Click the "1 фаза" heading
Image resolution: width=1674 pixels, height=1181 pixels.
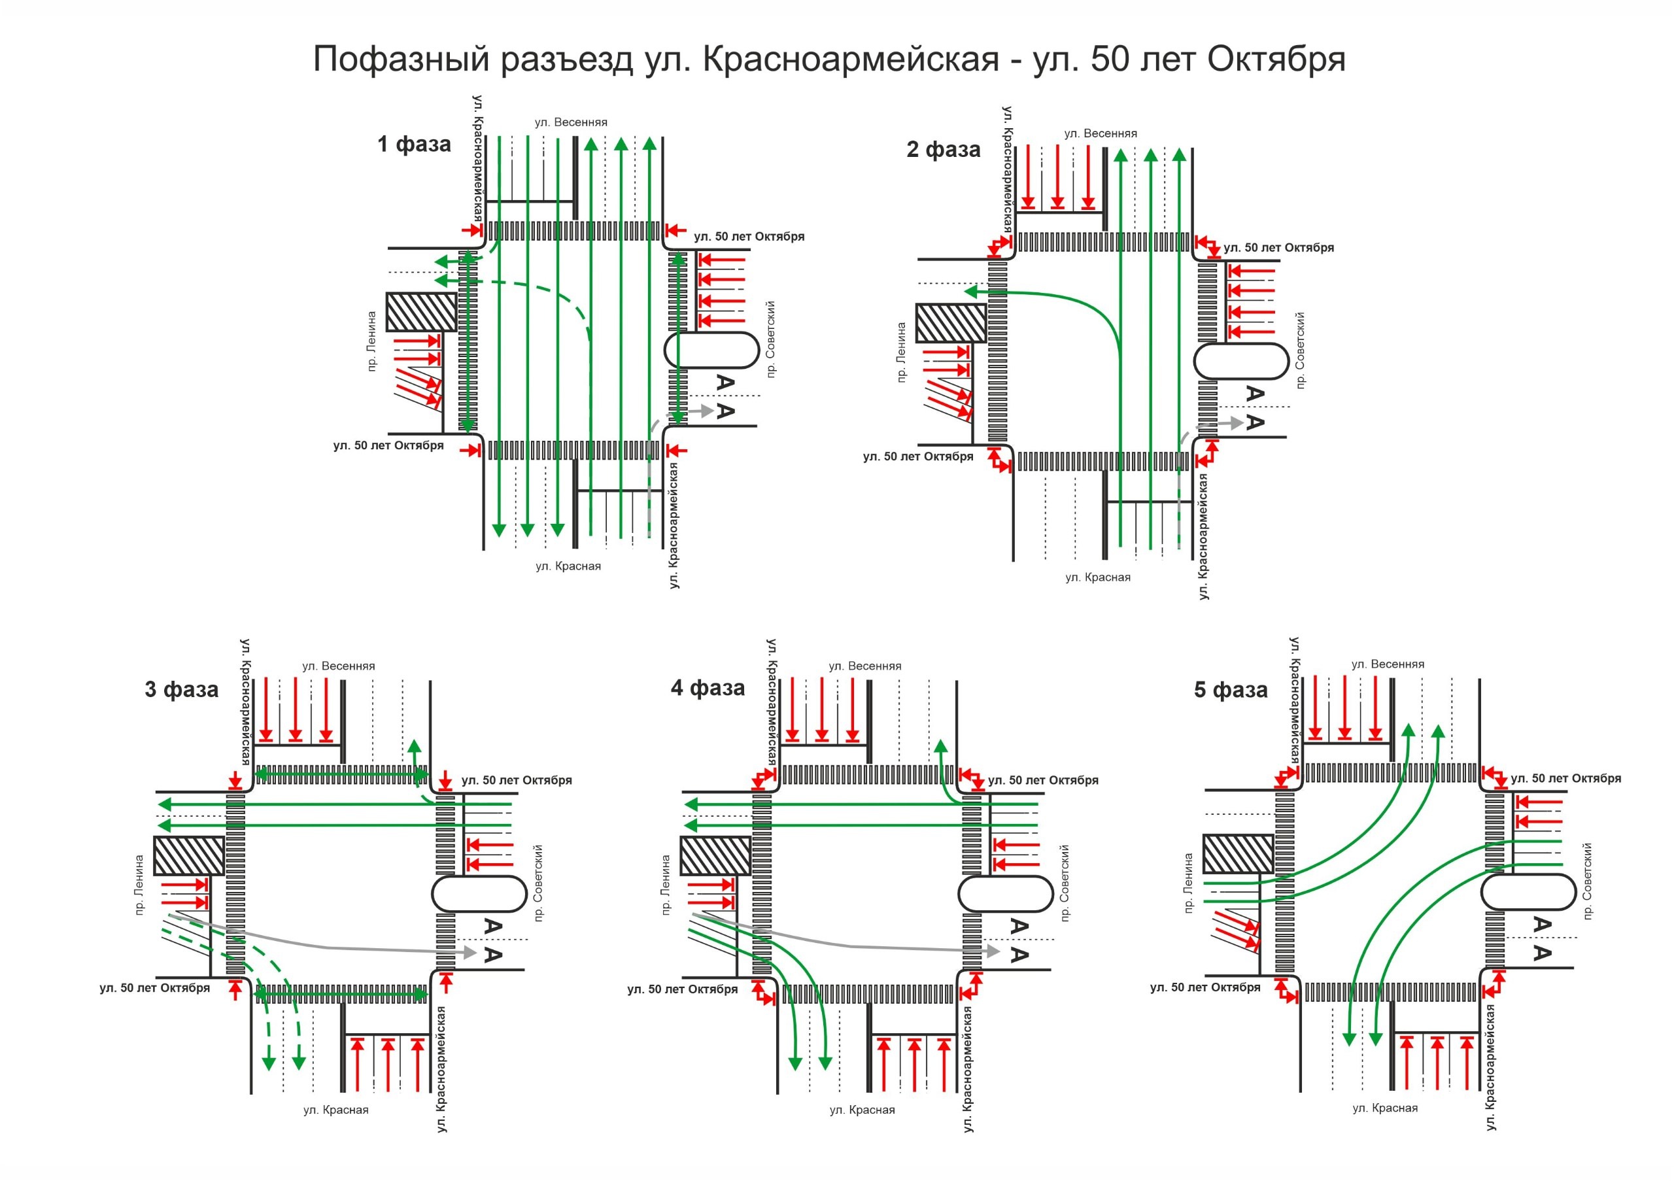coord(414,144)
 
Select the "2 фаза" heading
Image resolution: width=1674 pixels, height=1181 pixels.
coord(944,150)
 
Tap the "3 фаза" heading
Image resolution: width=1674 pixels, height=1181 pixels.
coord(182,690)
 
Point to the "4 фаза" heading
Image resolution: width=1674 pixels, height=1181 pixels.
coord(708,688)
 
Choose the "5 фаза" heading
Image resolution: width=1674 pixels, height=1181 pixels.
coord(1231,691)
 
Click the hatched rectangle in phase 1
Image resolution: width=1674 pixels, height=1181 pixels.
coord(421,312)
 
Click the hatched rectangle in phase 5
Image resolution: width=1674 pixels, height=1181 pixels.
coord(1238,853)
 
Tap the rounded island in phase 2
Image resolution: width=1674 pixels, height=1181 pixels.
coord(1242,362)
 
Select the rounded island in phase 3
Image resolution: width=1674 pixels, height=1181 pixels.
coord(479,894)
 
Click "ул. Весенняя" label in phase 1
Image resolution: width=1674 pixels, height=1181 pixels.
coord(571,122)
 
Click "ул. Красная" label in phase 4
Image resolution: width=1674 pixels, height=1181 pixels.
coord(863,1110)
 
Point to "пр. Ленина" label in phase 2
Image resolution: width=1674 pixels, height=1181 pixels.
coord(902,353)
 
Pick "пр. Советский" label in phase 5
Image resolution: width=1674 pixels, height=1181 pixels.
coord(1587,881)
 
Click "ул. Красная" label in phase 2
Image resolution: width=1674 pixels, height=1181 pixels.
coord(1098,577)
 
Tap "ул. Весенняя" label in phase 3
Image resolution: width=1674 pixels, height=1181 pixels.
coord(338,666)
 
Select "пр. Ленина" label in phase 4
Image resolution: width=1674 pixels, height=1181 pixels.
coord(666,885)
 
